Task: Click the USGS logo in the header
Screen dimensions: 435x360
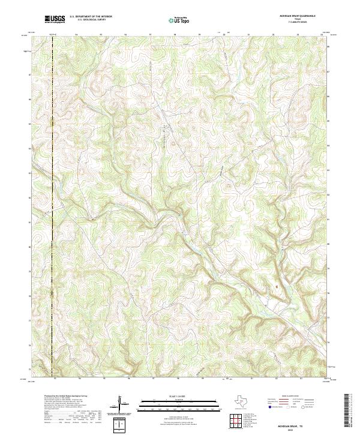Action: coord(55,19)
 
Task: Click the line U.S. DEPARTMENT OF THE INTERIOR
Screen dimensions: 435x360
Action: coord(91,17)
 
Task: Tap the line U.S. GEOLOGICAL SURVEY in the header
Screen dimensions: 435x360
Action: coord(91,20)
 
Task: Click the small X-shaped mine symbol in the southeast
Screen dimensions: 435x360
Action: coord(276,286)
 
